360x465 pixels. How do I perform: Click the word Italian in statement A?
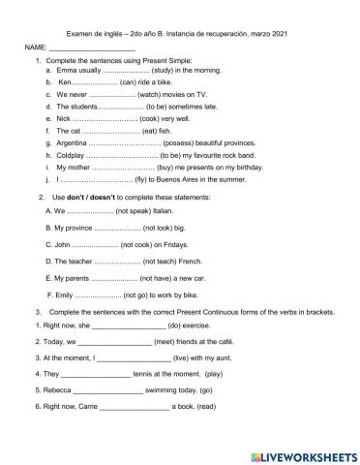[170, 210]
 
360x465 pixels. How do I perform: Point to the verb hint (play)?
[214, 374]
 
